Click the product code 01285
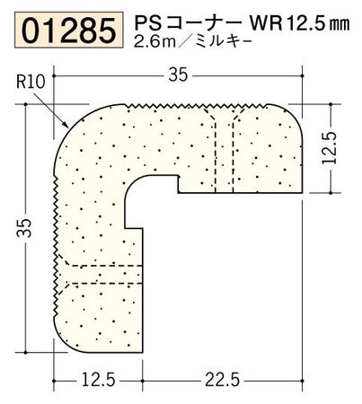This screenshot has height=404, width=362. pyautogui.click(x=62, y=31)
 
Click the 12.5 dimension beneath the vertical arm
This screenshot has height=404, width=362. pyautogui.click(x=96, y=381)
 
